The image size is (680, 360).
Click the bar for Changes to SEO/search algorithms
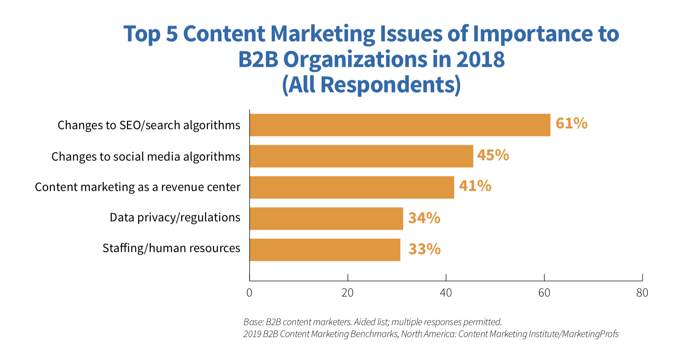(x=400, y=125)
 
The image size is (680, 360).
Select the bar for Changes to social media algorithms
(x=361, y=156)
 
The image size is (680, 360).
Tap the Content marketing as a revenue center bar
(x=352, y=187)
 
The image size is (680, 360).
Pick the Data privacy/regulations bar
(x=326, y=218)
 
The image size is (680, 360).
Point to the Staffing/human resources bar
(x=325, y=249)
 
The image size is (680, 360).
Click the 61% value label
(x=571, y=124)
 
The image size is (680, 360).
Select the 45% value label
(x=493, y=155)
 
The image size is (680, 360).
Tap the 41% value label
(x=475, y=186)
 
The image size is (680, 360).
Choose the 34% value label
(x=424, y=218)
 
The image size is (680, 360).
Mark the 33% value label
(x=425, y=249)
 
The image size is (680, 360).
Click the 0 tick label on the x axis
(x=249, y=293)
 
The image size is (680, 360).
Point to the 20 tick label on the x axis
(x=348, y=293)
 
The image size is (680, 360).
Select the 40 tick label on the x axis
(x=446, y=293)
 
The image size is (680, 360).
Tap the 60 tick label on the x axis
(x=544, y=293)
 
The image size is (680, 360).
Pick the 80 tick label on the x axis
(x=642, y=293)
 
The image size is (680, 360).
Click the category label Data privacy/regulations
(x=175, y=218)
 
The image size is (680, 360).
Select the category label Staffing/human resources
(x=171, y=248)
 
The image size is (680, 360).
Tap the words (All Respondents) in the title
(x=371, y=85)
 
